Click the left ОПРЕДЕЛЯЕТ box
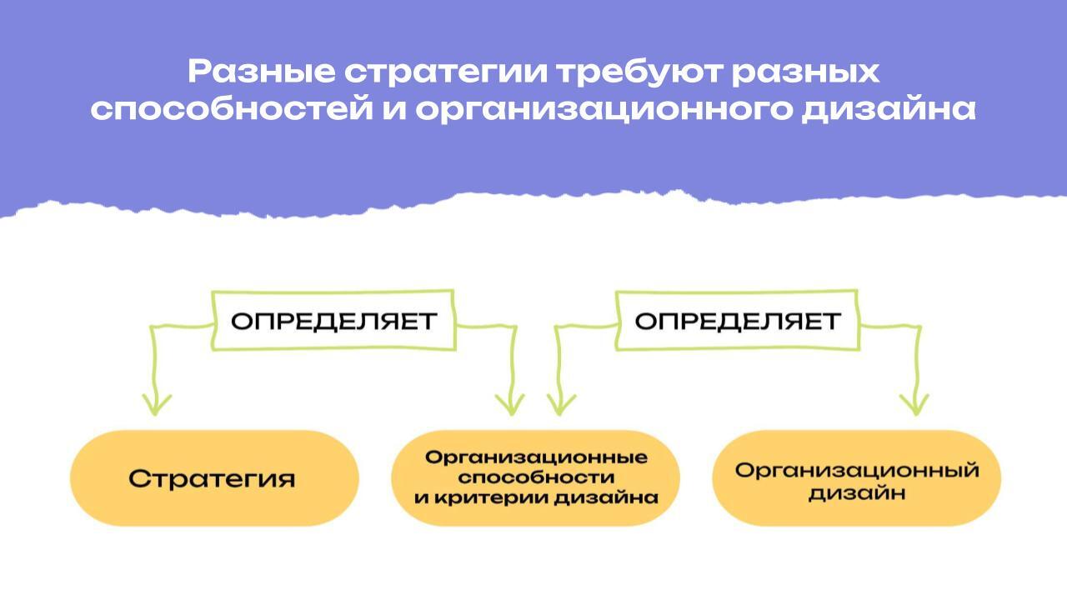click(x=333, y=321)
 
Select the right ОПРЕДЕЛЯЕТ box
click(x=737, y=321)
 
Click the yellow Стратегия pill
click(x=213, y=478)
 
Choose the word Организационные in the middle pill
click(x=536, y=457)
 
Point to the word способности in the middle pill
click(x=536, y=477)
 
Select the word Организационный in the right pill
click(x=856, y=470)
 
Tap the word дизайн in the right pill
click(x=856, y=493)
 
